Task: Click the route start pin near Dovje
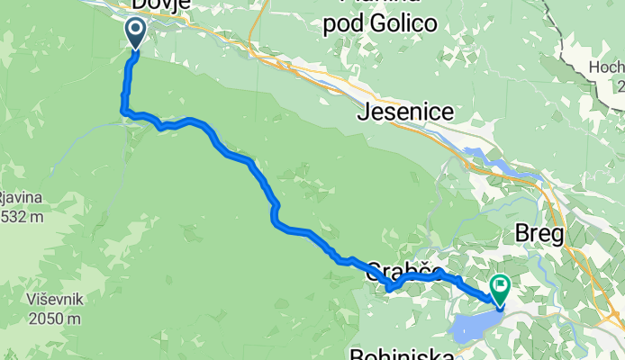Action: click(136, 33)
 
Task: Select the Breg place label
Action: click(538, 235)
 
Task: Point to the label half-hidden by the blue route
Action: click(405, 270)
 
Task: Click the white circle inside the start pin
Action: click(136, 30)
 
